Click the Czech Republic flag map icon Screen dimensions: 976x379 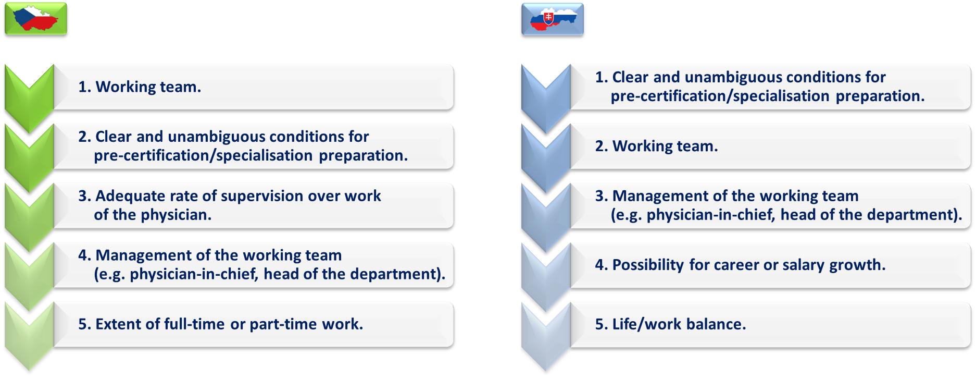click(x=36, y=19)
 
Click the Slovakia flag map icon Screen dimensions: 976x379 click(x=553, y=19)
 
